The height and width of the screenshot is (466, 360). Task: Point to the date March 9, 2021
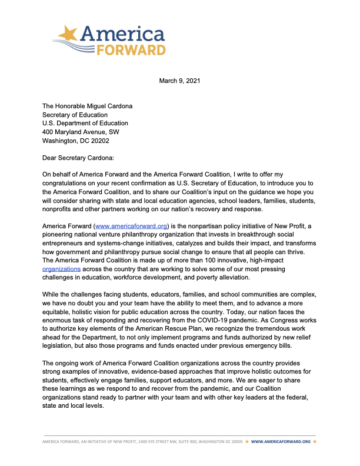click(x=179, y=81)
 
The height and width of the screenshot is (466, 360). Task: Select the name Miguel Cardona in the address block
click(x=107, y=106)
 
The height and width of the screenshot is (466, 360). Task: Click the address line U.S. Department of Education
click(x=85, y=124)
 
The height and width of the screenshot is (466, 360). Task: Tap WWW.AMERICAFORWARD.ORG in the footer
click(x=281, y=441)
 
